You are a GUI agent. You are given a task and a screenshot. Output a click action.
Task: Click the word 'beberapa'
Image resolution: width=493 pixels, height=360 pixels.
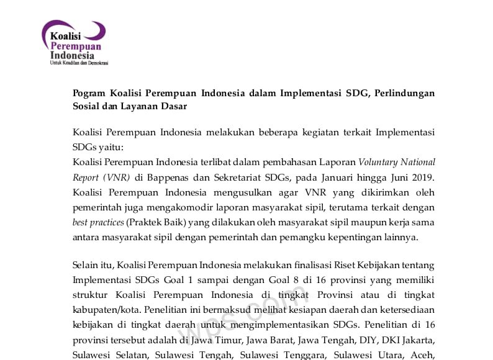(x=305, y=132)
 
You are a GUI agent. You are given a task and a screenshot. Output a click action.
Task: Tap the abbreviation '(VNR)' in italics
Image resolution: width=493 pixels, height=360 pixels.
(x=89, y=177)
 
